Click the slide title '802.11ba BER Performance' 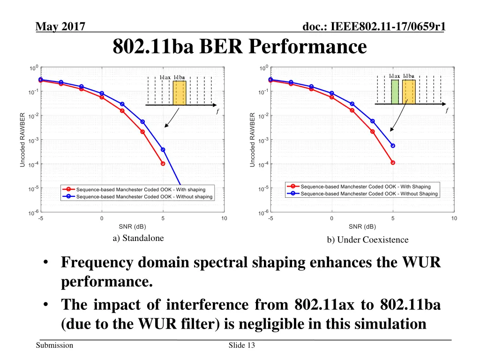(240, 47)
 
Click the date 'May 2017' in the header (60, 28)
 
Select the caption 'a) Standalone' (138, 238)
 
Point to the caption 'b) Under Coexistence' (367, 240)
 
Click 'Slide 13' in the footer (241, 345)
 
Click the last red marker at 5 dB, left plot (163, 164)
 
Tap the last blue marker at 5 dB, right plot (393, 146)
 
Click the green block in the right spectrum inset (395, 91)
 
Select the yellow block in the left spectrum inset (180, 92)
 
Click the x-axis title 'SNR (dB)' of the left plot (133, 226)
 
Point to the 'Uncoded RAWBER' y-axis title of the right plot (252, 140)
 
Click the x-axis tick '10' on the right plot (454, 218)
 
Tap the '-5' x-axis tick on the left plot (41, 218)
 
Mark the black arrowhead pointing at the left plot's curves (165, 126)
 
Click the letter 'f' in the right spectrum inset (447, 110)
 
